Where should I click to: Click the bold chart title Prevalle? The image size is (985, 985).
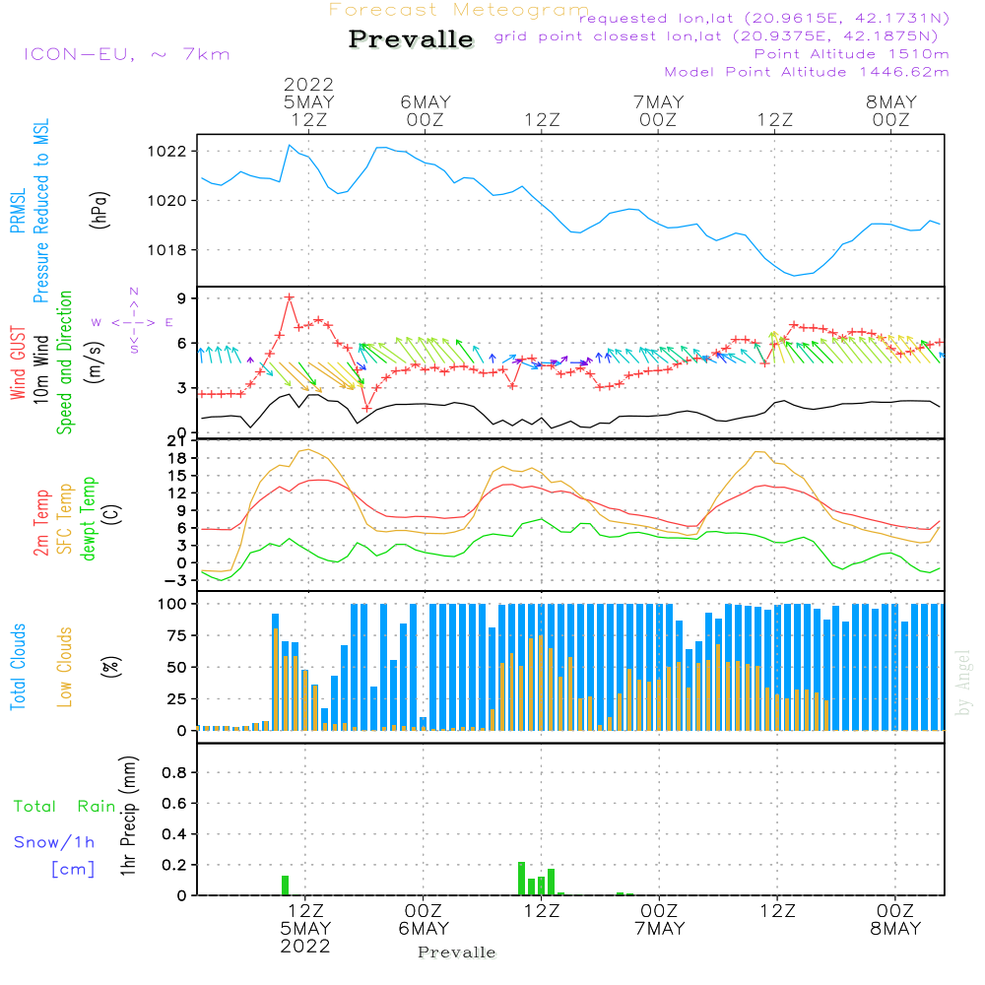(x=411, y=39)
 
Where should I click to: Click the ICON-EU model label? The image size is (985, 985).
(x=126, y=54)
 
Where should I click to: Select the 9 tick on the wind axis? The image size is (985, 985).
(x=183, y=298)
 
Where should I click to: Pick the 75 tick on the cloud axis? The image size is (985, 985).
(x=177, y=635)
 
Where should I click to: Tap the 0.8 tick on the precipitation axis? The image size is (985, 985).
(x=174, y=773)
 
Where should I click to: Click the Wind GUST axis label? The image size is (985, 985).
(x=18, y=363)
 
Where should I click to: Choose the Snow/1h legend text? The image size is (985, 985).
(x=53, y=842)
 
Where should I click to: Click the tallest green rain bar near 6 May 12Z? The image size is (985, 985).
(x=521, y=878)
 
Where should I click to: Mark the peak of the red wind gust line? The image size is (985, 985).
(x=289, y=296)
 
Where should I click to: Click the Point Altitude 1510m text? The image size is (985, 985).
(x=851, y=53)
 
